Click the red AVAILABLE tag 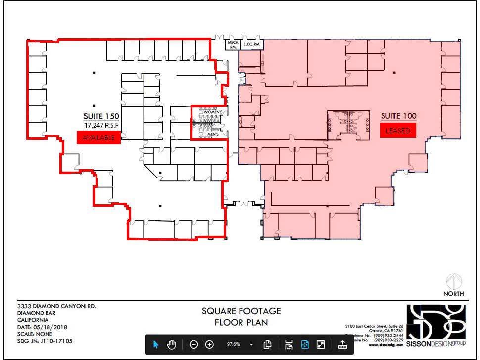[98, 137]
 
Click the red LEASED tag [398, 131]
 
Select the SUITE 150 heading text [101, 117]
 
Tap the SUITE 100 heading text [398, 116]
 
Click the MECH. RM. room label [233, 45]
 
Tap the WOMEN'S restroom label [216, 112]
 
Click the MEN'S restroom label [213, 135]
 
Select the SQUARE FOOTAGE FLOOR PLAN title [241, 317]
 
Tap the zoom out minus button [194, 345]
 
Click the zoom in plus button [209, 345]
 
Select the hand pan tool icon [172, 345]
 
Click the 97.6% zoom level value [233, 345]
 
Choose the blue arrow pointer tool [156, 345]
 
